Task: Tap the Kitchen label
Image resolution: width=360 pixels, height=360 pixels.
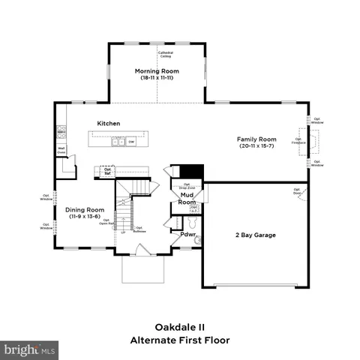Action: [109, 123]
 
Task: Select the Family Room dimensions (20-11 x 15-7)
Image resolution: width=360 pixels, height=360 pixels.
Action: [257, 147]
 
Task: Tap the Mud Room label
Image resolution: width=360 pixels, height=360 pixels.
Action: [187, 199]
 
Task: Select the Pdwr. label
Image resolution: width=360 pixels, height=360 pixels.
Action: [188, 235]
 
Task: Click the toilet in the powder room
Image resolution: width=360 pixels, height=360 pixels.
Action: [193, 223]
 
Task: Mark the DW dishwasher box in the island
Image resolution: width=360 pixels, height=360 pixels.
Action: [130, 140]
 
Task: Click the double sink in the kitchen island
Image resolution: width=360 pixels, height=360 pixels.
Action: [118, 140]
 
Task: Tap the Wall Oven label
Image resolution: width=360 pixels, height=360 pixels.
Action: [61, 150]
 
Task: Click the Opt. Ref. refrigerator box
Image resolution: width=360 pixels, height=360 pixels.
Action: [107, 171]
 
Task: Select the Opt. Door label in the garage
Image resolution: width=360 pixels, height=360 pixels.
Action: [297, 192]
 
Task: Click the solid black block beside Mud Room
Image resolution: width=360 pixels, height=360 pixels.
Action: [194, 171]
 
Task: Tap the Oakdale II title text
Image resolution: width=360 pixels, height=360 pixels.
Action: [179, 327]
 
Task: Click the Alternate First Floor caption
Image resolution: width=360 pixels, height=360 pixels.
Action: [179, 340]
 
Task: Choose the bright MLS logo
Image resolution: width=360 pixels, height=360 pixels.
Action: [30, 349]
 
